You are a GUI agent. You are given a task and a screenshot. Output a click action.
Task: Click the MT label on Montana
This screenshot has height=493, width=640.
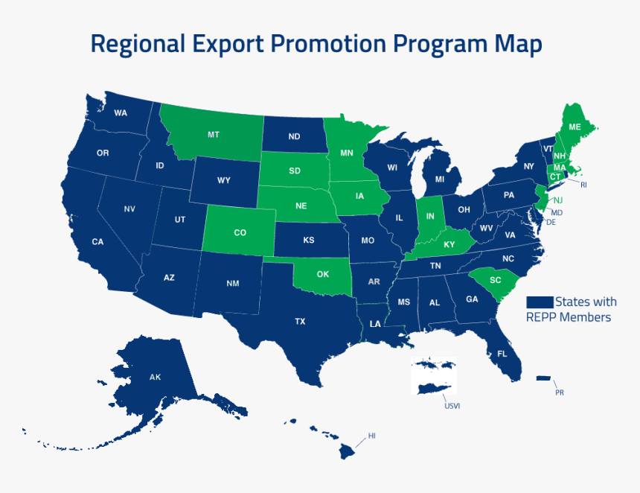tap(214, 135)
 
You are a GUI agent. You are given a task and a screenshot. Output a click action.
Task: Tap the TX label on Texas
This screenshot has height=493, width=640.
tap(300, 322)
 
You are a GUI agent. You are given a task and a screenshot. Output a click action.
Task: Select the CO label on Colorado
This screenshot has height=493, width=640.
tap(240, 233)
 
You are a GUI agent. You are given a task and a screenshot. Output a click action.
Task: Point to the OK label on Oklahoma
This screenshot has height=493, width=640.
tap(322, 274)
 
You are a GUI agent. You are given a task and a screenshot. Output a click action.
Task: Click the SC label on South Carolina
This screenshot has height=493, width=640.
tap(496, 280)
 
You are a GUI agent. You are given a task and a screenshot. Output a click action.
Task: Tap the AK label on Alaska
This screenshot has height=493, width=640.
tap(155, 378)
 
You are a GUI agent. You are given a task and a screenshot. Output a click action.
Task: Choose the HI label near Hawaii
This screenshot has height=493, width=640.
tap(372, 436)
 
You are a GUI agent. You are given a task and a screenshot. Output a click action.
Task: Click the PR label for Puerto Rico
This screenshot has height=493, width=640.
tap(560, 392)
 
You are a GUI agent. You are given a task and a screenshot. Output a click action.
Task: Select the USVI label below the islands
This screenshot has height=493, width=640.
tap(452, 406)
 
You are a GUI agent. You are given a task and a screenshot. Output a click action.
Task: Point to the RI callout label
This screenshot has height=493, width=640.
tap(584, 184)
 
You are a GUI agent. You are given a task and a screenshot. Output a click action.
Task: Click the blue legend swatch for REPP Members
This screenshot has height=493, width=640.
tap(540, 302)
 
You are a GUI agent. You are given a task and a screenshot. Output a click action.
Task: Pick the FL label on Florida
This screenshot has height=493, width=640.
tap(502, 354)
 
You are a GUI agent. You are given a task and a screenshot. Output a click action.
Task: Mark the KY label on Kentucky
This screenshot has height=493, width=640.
tap(449, 245)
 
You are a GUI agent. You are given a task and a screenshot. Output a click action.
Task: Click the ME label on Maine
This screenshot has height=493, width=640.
tap(575, 127)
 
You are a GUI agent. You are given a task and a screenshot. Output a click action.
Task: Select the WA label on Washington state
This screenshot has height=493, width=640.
tap(121, 113)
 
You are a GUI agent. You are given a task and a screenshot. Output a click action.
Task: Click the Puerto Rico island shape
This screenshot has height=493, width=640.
tap(543, 378)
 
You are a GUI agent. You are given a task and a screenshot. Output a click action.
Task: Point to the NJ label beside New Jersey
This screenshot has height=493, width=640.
tap(558, 200)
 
